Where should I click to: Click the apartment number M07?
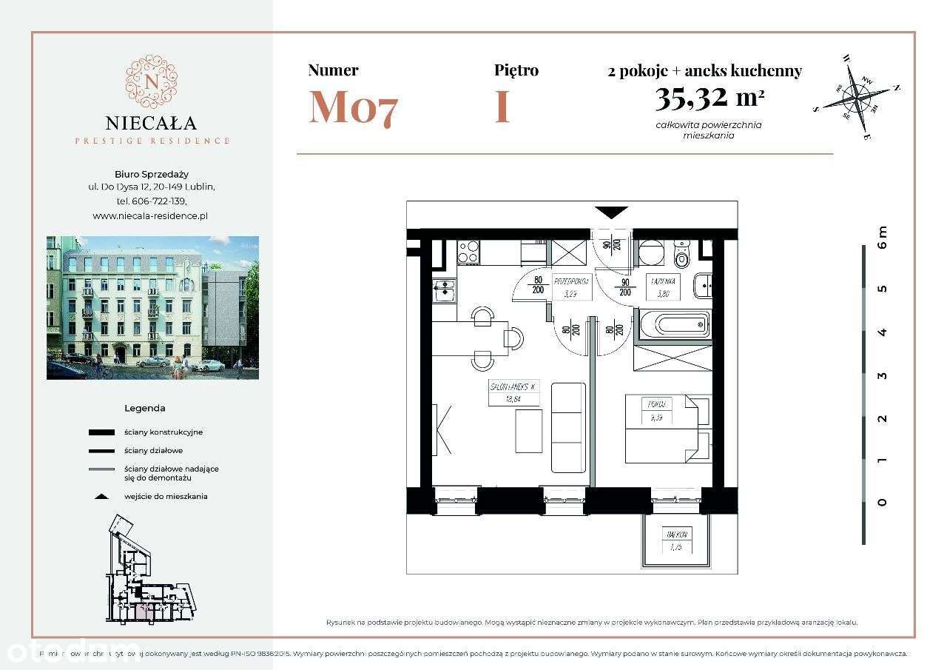click(353, 107)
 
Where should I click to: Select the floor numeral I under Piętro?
click(502, 107)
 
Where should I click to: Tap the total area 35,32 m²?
click(708, 96)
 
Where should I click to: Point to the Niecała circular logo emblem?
click(152, 81)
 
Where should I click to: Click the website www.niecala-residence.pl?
click(150, 215)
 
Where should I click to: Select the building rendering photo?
click(152, 307)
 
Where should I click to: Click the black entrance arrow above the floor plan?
click(611, 212)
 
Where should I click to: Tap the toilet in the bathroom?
click(682, 256)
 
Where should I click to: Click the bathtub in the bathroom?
click(673, 324)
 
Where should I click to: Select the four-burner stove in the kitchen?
click(468, 252)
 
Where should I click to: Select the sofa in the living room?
click(568, 427)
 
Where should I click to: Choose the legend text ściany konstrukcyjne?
click(164, 432)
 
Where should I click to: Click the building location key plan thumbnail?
click(152, 566)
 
